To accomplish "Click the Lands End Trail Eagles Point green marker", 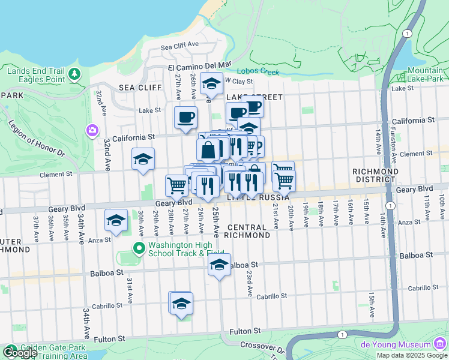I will click(x=74, y=74).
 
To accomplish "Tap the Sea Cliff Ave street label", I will click(x=179, y=45).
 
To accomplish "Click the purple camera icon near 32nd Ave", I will click(x=92, y=130).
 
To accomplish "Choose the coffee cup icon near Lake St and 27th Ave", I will click(x=185, y=116).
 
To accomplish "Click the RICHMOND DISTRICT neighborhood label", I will click(x=375, y=176).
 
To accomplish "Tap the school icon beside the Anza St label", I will click(x=116, y=221).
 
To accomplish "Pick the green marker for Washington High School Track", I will click(x=139, y=247).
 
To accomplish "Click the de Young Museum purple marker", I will click(x=441, y=344).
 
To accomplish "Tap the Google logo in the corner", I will click(x=19, y=353).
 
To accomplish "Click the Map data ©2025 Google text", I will click(x=411, y=355).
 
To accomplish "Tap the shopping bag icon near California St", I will click(x=208, y=149).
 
